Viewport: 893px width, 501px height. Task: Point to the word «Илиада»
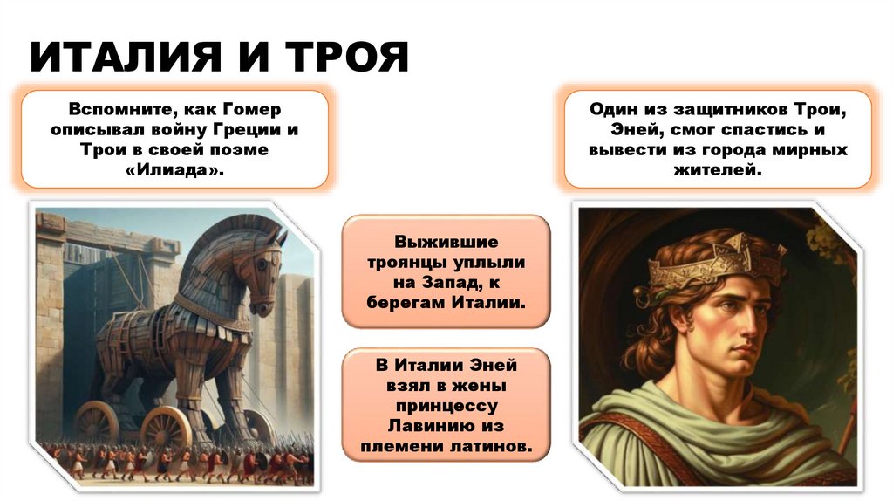[x=174, y=170]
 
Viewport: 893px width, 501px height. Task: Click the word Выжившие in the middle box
[x=446, y=242]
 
